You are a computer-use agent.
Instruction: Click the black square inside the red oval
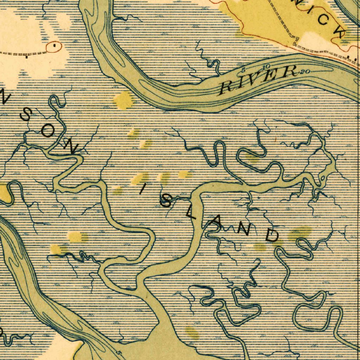pyautogui.click(x=55, y=45)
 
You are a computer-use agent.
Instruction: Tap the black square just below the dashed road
pyautogui.click(x=27, y=57)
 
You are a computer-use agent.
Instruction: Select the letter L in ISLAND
pyautogui.click(x=193, y=214)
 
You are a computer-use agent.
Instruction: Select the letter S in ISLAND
pyautogui.click(x=166, y=201)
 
